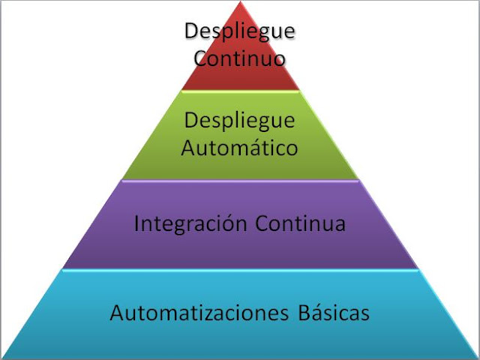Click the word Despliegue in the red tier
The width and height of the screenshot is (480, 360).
240,32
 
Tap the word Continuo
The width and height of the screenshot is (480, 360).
240,57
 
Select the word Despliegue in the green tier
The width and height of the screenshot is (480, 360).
240,120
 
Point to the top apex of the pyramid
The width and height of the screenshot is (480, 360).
240,3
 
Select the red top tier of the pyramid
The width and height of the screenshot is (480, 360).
240,75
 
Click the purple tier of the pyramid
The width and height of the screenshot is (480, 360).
240,247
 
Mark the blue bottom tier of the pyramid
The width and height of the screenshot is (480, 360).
240,337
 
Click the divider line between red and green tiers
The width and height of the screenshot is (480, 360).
240,91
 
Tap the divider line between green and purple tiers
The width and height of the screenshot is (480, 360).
240,180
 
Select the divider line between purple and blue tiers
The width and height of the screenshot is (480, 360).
240,269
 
